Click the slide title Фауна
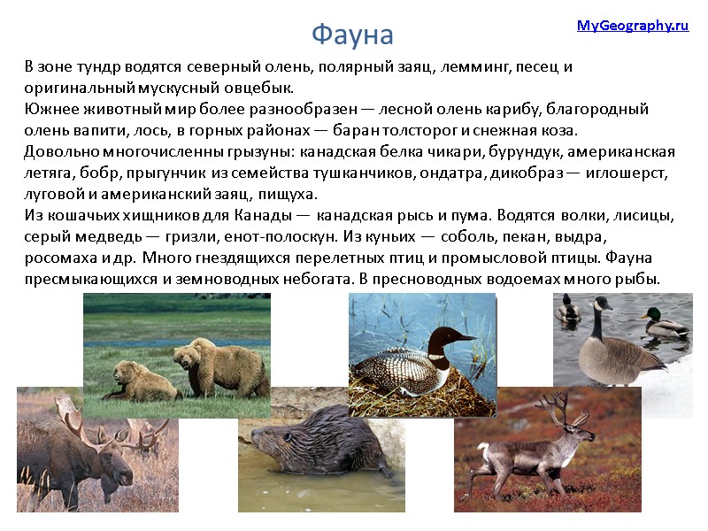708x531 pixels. coord(352,35)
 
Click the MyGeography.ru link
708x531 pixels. coord(632,26)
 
